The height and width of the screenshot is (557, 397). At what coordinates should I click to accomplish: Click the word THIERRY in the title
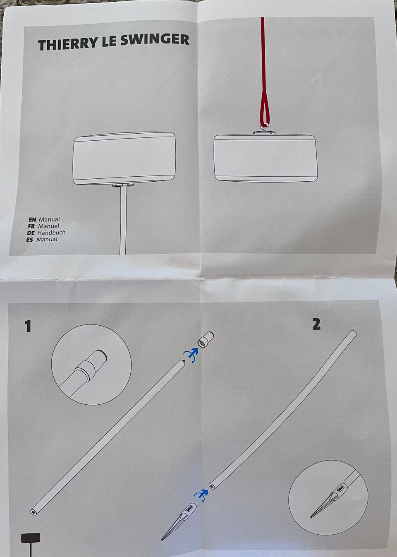coord(67,44)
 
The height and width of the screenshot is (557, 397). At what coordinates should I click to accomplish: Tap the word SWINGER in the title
coord(155,40)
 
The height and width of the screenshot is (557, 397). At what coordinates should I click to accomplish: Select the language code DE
coord(31,233)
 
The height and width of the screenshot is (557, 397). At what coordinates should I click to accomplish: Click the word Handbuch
coord(51,233)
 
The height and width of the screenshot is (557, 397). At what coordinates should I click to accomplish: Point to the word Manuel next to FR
coord(48,226)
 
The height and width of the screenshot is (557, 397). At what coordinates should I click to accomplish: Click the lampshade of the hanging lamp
coord(265,158)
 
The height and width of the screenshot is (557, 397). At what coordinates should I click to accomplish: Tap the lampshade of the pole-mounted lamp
coord(124,158)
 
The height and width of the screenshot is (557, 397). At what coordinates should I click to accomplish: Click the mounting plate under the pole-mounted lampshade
coord(123,185)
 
